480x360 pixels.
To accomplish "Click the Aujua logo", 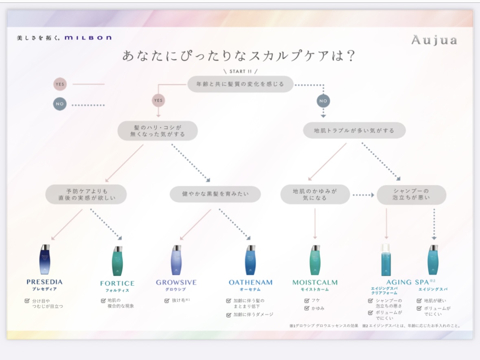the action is [x=434, y=40].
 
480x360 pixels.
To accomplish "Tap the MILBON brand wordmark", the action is [x=88, y=37].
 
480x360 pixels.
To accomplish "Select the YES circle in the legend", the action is [x=60, y=84].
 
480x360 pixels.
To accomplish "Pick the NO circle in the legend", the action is [x=60, y=104].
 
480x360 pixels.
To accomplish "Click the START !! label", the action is [x=241, y=71].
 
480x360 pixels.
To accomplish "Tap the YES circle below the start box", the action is [x=158, y=101].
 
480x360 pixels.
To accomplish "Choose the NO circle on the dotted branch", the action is [x=323, y=101].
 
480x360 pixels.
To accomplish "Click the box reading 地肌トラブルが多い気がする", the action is [x=354, y=131].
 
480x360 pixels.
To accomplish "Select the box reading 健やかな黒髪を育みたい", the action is [x=215, y=194].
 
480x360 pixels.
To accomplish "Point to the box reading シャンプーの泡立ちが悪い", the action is [x=412, y=194].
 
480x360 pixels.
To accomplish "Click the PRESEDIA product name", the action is [x=44, y=282].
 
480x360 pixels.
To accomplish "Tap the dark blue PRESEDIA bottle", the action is [x=45, y=259].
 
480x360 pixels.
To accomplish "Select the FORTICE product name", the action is [x=117, y=283].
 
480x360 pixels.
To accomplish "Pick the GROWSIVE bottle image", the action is [x=176, y=260].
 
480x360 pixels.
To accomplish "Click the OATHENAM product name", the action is [x=250, y=283].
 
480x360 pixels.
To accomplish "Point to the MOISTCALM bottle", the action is [x=315, y=260].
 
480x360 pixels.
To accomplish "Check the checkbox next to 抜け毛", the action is [x=167, y=301].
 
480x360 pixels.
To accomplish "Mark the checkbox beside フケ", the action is [x=307, y=301].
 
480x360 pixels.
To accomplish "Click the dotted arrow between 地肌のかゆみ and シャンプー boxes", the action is [x=364, y=195].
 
